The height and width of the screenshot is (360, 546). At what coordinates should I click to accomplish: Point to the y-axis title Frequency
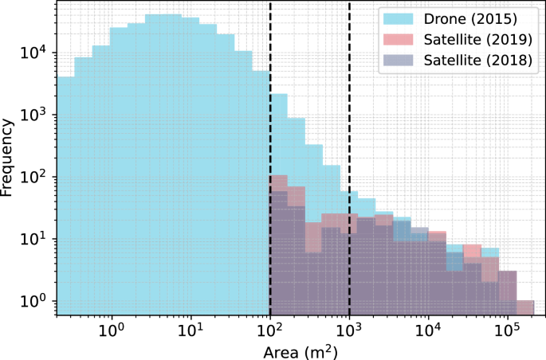pos(9,158)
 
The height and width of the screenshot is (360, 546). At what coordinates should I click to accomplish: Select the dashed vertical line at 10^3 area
pos(349,119)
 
